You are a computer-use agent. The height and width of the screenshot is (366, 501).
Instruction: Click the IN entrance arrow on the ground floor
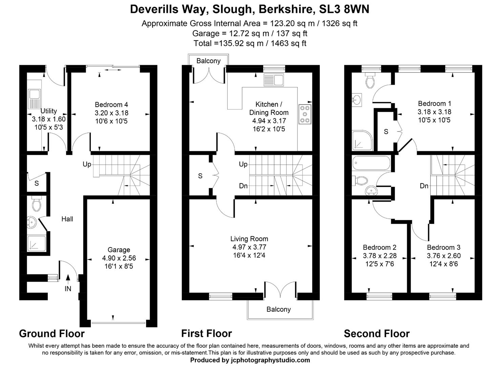pyautogui.click(x=68, y=279)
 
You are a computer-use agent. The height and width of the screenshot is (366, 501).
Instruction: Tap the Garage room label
pyautogui.click(x=119, y=250)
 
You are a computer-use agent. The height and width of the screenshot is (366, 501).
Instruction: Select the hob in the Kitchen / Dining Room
pyautogui.click(x=305, y=114)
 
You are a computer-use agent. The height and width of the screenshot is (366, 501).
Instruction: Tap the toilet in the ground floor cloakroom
pyautogui.click(x=36, y=204)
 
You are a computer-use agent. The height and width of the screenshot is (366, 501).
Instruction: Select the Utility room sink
pyautogui.click(x=34, y=98)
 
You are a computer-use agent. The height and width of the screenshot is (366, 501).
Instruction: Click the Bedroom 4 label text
pyautogui.click(x=111, y=105)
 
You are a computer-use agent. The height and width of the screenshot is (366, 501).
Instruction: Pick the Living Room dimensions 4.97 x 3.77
pyautogui.click(x=249, y=247)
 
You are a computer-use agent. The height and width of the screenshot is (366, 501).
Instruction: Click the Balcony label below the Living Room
pyautogui.click(x=278, y=309)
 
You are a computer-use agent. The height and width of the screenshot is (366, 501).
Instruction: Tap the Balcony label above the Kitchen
pyautogui.click(x=208, y=61)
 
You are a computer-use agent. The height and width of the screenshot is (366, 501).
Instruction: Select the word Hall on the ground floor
pyautogui.click(x=67, y=219)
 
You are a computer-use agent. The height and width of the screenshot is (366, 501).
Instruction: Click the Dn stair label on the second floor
pyautogui.click(x=424, y=186)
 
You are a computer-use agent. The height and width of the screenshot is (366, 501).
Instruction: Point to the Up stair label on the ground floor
pyautogui.click(x=87, y=164)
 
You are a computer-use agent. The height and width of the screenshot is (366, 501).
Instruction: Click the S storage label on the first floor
pyautogui.click(x=200, y=176)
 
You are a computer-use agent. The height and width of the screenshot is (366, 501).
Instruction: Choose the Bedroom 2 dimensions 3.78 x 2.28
pyautogui.click(x=379, y=256)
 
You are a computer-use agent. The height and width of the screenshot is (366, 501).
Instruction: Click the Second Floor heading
pyautogui.click(x=377, y=334)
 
